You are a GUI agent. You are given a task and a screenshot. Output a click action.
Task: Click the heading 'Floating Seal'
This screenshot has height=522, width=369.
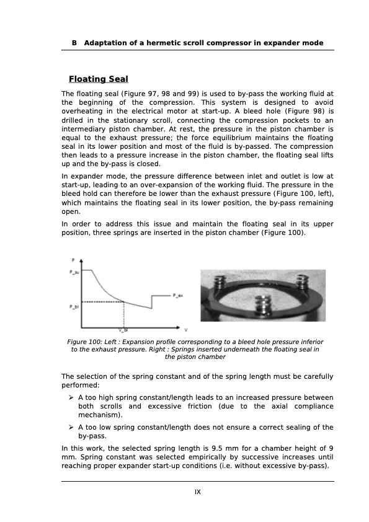tap(99, 79)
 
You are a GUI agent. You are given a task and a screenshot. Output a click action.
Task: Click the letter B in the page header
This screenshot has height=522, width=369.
tap(74, 43)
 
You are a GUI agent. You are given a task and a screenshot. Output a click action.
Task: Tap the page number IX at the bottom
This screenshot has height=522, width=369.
tap(198, 492)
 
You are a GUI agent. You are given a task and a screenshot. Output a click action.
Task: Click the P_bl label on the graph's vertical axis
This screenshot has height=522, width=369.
tap(74, 306)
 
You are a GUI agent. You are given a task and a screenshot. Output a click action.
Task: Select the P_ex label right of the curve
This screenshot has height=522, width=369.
tap(177, 296)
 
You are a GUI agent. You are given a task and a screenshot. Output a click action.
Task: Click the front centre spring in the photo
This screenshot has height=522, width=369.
tap(263, 307)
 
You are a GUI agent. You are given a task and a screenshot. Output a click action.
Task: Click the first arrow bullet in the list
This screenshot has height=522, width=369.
tap(73, 397)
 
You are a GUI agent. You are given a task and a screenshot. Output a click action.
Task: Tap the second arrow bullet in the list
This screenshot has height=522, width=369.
tap(73, 427)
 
